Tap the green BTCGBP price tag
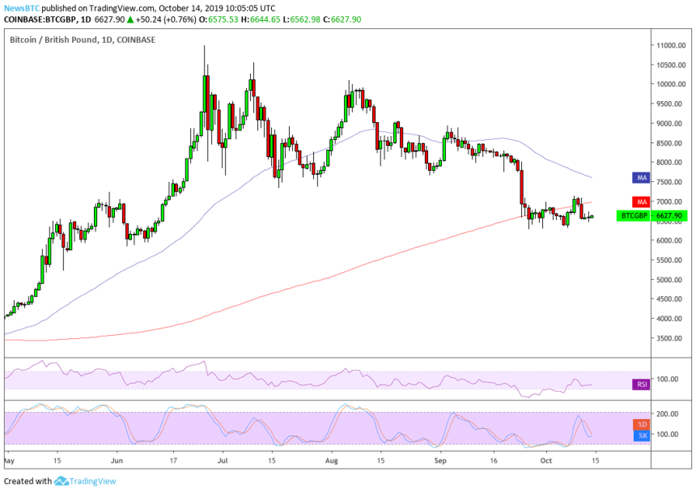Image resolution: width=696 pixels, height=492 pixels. (645, 216)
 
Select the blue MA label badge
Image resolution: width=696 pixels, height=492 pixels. (640, 176)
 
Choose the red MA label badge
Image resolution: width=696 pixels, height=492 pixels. (640, 201)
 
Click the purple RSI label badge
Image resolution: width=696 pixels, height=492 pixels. (640, 384)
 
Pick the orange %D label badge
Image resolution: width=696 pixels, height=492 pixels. (640, 424)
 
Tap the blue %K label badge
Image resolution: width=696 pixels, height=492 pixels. (640, 435)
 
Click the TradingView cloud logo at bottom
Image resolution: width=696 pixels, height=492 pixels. (62, 481)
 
